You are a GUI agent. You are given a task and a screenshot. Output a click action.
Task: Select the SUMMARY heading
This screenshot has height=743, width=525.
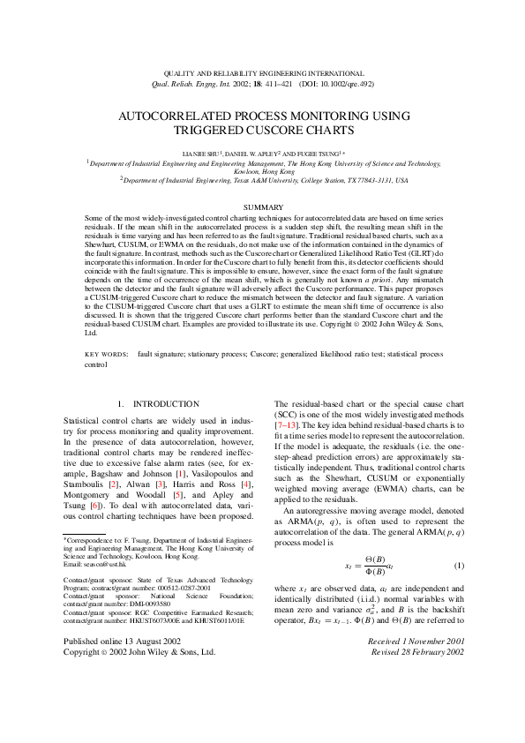(x=262, y=206)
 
